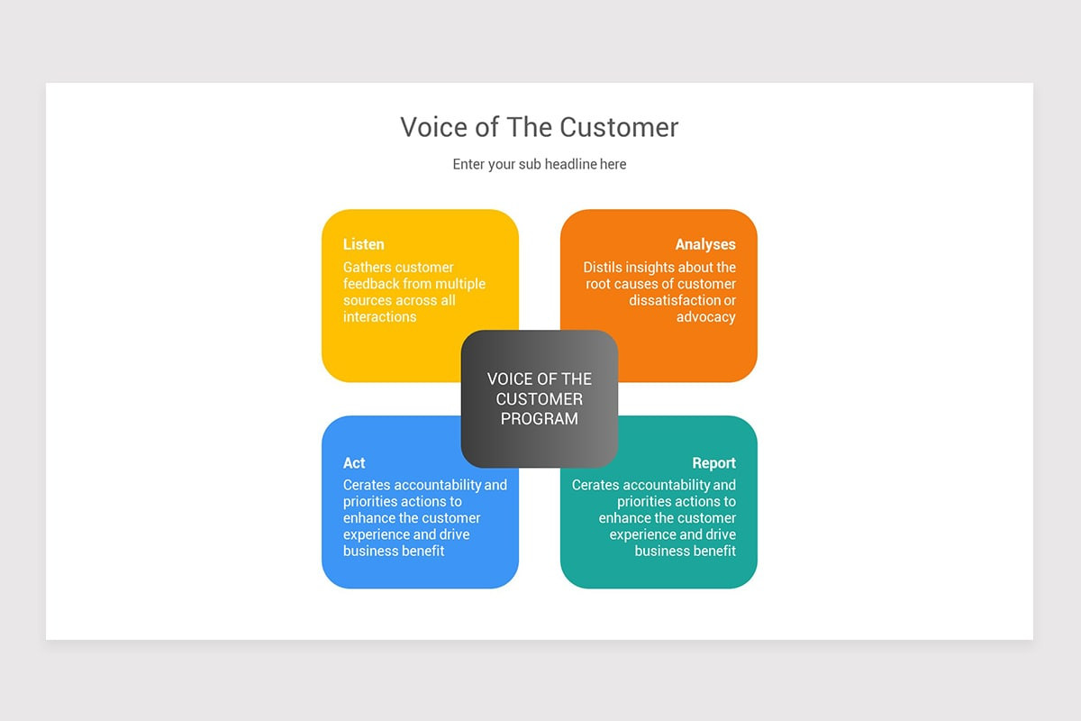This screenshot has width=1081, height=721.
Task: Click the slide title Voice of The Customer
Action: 539,127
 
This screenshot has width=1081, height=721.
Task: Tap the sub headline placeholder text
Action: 539,164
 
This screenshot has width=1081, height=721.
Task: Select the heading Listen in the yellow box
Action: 363,244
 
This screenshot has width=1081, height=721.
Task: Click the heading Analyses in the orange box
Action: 705,244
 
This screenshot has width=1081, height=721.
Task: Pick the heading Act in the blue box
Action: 354,463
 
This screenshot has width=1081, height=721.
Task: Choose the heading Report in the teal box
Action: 713,463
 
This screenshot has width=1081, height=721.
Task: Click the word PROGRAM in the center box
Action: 540,418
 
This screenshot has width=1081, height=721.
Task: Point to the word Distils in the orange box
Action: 604,268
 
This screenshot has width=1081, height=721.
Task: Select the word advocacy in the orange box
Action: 706,317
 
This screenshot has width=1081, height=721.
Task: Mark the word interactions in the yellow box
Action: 379,317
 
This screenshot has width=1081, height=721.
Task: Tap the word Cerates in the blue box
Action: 367,485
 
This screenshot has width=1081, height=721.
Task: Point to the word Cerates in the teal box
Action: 595,485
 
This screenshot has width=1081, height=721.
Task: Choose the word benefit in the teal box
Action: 712,551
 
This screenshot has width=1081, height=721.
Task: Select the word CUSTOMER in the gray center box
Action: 540,398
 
